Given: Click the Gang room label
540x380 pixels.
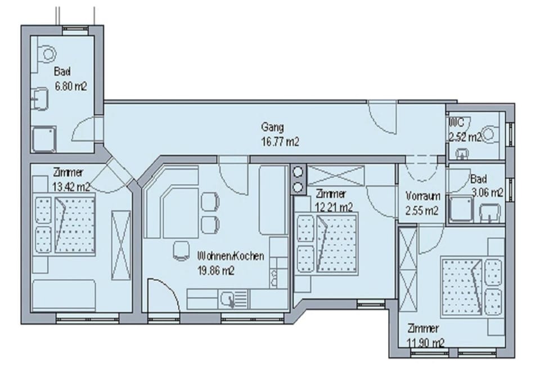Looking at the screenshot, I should click(272, 127).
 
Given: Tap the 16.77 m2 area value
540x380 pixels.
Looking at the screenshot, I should click(280, 142).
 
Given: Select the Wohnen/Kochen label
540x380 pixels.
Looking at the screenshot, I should click(231, 256).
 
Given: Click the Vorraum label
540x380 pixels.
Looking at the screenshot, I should click(422, 197).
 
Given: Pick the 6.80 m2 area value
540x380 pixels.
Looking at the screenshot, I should click(70, 87).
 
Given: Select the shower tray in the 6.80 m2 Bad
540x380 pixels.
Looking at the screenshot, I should click(43, 138).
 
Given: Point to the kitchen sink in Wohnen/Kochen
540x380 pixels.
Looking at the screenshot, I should click(229, 298).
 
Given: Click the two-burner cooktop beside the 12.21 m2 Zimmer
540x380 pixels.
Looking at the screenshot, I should click(298, 178).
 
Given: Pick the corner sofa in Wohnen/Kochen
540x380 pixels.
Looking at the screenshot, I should click(169, 203).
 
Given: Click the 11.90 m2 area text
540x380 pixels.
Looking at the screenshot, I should click(426, 342).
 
